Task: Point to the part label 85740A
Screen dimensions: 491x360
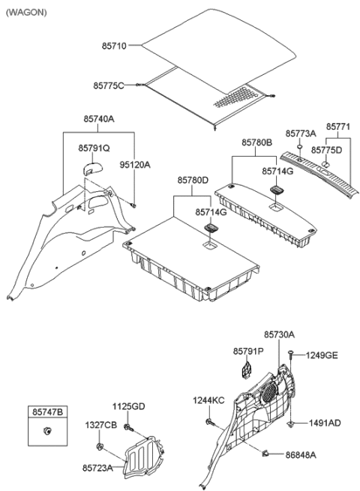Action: point(98,118)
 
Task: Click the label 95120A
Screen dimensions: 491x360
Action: point(136,164)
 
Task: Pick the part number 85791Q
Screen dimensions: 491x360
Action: point(94,148)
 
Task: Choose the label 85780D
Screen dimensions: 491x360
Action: point(193,179)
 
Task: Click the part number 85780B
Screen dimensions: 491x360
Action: point(256,142)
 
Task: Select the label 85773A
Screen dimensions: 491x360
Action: point(301,133)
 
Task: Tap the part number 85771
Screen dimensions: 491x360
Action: point(337,127)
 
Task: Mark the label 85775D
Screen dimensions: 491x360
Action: point(328,149)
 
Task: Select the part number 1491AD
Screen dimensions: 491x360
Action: point(323,423)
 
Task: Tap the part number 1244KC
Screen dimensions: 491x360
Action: point(208,400)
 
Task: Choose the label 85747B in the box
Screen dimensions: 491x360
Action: point(46,411)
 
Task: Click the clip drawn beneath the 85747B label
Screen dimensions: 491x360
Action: point(48,430)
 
